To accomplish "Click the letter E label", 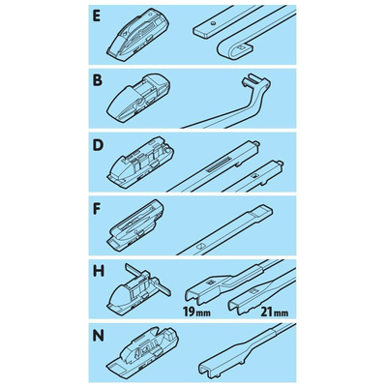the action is pyautogui.click(x=96, y=16).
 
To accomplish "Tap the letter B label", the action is pyautogui.click(x=97, y=80).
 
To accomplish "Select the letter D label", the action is pyautogui.click(x=97, y=146).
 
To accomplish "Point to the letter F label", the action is pyautogui.click(x=97, y=209).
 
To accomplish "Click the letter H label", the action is pyautogui.click(x=99, y=271).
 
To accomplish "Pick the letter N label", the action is pyautogui.click(x=98, y=337).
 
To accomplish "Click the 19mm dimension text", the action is pyautogui.click(x=196, y=313).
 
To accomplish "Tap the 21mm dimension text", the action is pyautogui.click(x=275, y=313).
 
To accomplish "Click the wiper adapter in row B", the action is pyautogui.click(x=138, y=97).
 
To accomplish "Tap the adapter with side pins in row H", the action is pyautogui.click(x=139, y=286).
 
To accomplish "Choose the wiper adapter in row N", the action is pyautogui.click(x=143, y=351).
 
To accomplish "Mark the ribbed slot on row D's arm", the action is pyautogui.click(x=219, y=164).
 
